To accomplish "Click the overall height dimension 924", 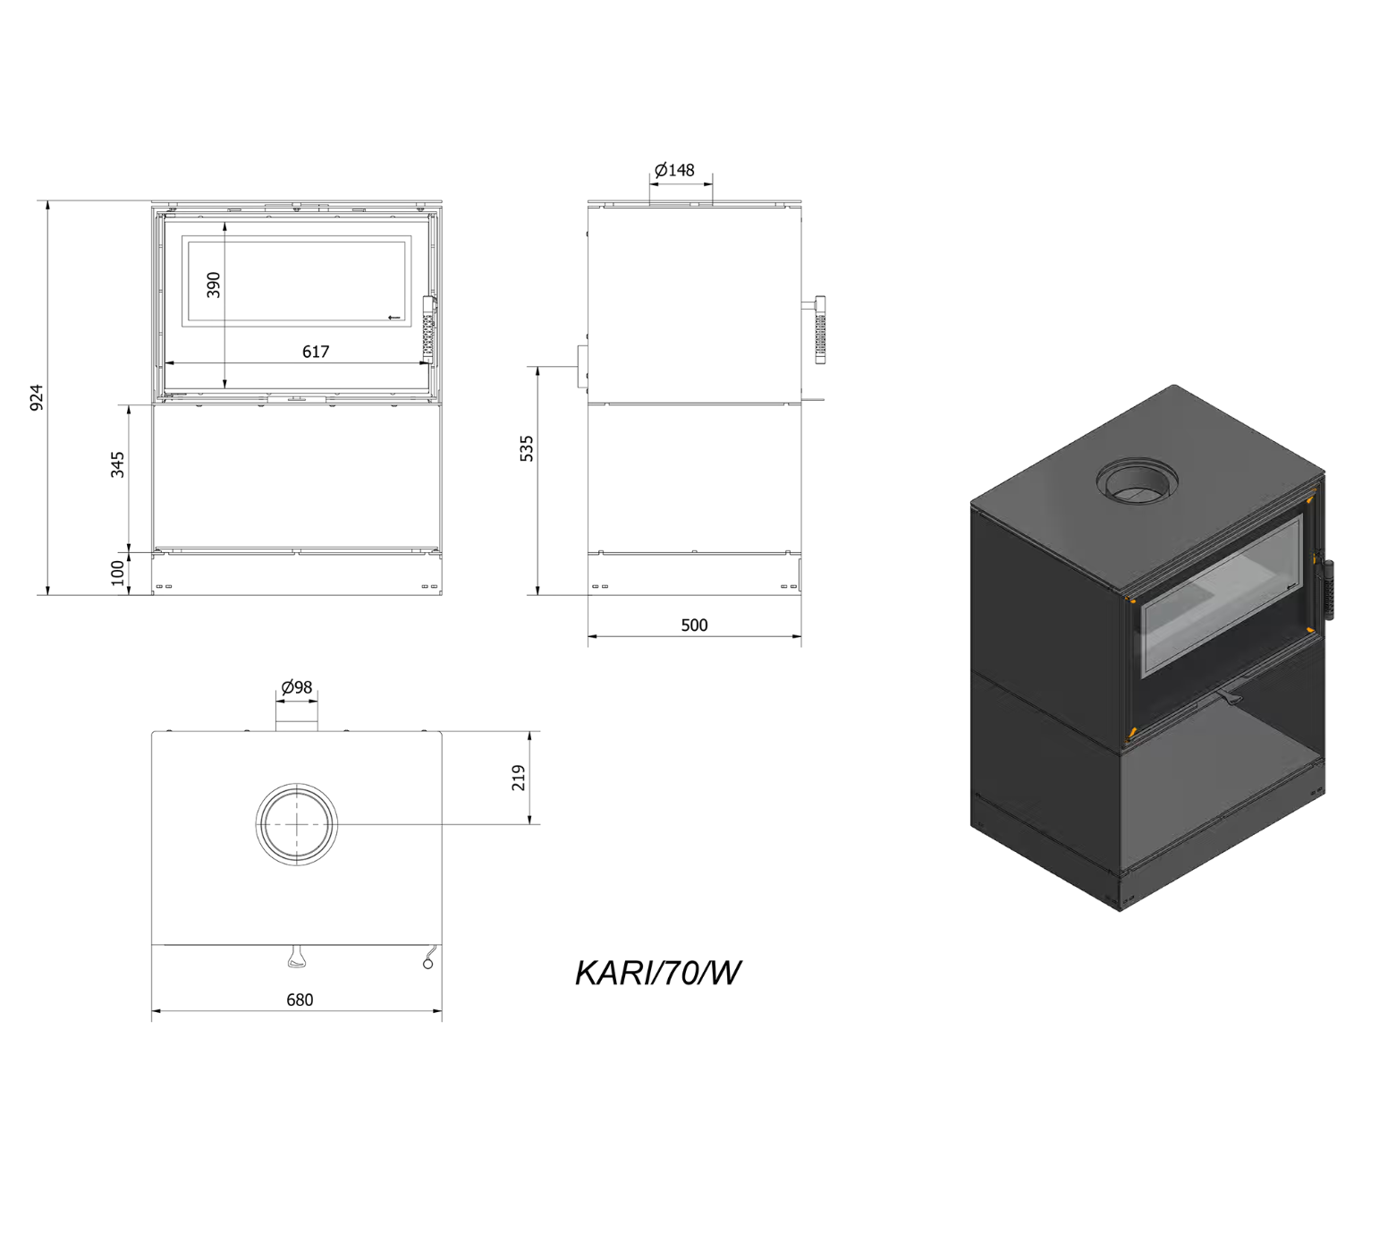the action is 37,397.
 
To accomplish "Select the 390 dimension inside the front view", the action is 214,285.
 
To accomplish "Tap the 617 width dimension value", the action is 316,352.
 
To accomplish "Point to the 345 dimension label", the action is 118,464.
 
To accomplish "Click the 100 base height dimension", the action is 118,573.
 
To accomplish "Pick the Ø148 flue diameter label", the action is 674,169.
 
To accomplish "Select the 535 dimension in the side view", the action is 527,449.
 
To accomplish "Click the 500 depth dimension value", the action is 694,626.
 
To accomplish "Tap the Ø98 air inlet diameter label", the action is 297,687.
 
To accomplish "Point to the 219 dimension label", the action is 519,778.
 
